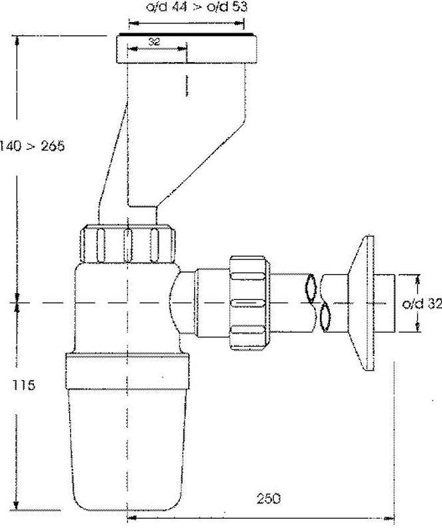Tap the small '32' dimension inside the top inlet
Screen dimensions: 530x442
tap(154, 41)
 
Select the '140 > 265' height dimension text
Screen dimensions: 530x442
tap(33, 146)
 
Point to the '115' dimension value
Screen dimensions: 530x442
tap(23, 385)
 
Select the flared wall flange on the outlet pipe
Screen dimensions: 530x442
tap(364, 303)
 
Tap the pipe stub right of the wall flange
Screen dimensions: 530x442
tap(385, 304)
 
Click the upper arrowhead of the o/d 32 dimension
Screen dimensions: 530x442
tap(418, 277)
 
